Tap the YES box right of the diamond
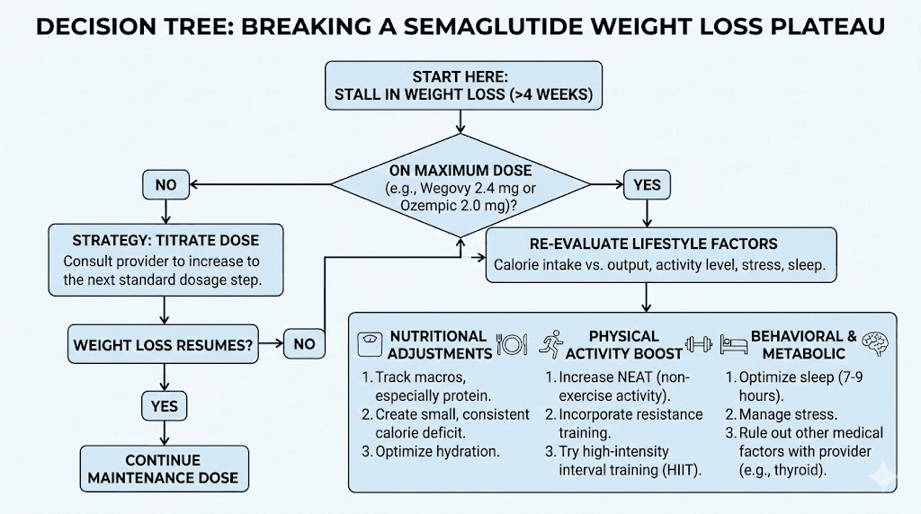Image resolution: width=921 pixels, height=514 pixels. [x=647, y=185]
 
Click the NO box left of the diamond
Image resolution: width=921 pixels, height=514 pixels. [x=166, y=185]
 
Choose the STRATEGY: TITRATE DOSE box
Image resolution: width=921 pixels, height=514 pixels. [x=165, y=260]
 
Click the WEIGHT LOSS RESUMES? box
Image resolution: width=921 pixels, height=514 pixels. [x=162, y=343]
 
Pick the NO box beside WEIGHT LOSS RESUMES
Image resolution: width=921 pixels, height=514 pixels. [x=305, y=343]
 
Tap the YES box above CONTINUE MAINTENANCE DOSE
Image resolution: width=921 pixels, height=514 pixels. [x=165, y=406]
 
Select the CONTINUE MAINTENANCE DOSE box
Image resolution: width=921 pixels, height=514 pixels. [x=163, y=468]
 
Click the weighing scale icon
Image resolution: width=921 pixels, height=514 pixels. [x=370, y=344]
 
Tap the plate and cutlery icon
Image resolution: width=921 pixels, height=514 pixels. [x=511, y=344]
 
